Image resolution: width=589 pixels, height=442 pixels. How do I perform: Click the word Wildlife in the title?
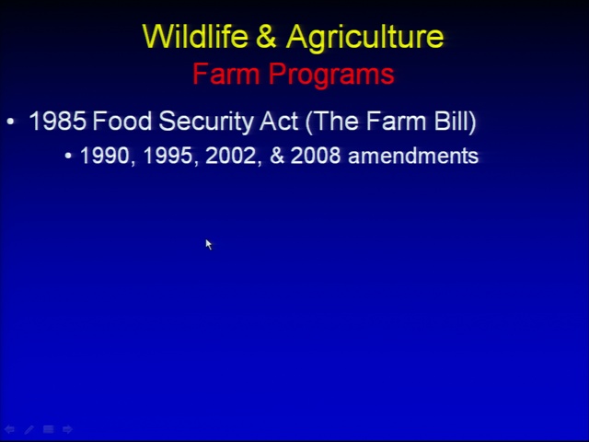(x=195, y=36)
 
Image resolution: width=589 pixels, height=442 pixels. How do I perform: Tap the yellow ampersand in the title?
(x=266, y=36)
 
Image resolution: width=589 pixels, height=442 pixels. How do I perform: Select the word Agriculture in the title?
(x=364, y=38)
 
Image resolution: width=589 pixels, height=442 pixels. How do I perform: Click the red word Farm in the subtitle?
(x=226, y=74)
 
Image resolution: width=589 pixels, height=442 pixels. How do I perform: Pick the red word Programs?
(x=331, y=76)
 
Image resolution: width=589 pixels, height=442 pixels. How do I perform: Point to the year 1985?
(x=57, y=121)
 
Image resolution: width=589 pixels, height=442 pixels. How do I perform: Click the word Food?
(x=121, y=121)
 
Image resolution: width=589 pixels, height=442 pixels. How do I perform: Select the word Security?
(x=205, y=122)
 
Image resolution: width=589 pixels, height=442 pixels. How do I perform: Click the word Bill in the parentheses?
(x=456, y=122)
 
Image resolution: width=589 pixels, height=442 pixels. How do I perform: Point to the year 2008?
(x=316, y=156)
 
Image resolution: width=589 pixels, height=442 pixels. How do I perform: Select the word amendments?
(x=413, y=156)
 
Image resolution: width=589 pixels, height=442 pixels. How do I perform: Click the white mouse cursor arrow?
(x=209, y=244)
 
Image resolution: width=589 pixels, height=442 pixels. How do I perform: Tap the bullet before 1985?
(x=10, y=122)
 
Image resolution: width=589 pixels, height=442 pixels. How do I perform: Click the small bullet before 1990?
(x=68, y=156)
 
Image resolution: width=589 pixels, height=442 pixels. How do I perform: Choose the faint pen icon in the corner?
(x=29, y=429)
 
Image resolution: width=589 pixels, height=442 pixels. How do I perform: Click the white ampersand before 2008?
(x=277, y=156)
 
